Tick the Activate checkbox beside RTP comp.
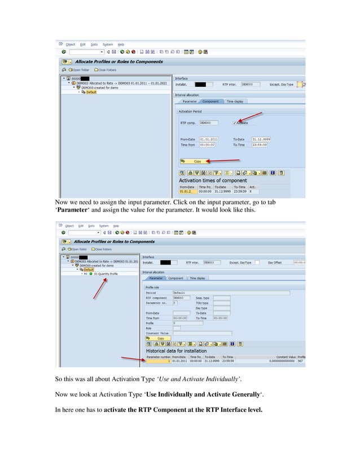click(234, 122)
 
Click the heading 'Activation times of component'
click(212, 181)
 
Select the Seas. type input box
click(221, 298)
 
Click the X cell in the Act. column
click(252, 191)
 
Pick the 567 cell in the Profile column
click(301, 361)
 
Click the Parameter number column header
click(158, 357)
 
